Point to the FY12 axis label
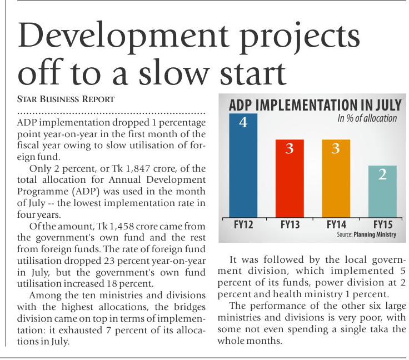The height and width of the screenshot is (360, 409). (x=243, y=226)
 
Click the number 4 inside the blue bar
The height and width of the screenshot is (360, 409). (x=243, y=123)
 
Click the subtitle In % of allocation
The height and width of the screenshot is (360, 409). (x=367, y=118)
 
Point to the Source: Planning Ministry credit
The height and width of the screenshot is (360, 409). (x=366, y=235)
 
